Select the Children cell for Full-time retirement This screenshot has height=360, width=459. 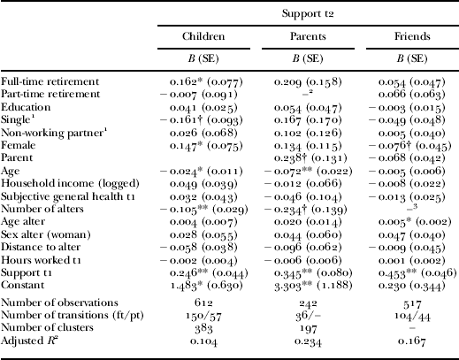pyautogui.click(x=201, y=81)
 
